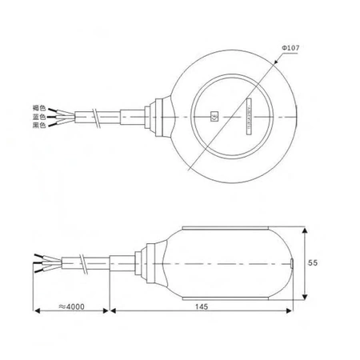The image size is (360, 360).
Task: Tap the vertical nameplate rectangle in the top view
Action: (x=249, y=117)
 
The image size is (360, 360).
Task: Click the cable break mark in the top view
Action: (x=96, y=118)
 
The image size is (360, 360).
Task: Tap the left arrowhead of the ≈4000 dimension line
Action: (x=34, y=308)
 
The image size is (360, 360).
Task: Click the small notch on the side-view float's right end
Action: (x=292, y=262)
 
